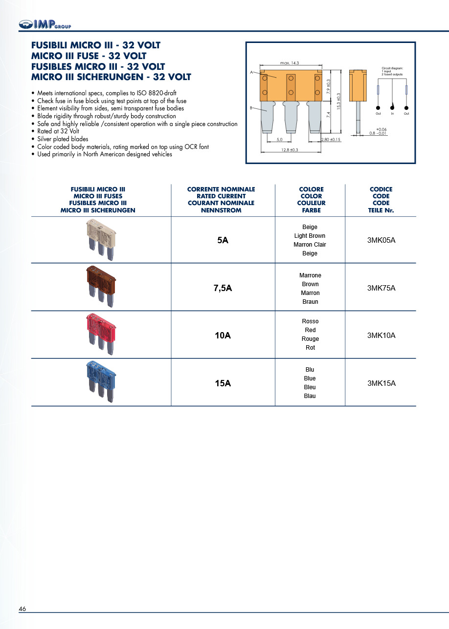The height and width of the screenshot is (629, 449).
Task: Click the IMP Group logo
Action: coord(45,24)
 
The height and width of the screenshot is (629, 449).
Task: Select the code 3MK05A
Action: coord(381,240)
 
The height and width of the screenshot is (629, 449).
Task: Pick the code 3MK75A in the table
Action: coord(381,288)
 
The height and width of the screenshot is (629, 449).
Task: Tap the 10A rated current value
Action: coord(223,335)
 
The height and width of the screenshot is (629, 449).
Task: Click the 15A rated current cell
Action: coord(223,383)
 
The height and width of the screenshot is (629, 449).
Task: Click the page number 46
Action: coord(22,609)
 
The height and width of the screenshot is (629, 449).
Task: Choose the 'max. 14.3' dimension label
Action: coord(290,63)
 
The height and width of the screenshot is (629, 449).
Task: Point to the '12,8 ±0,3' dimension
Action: coord(290,150)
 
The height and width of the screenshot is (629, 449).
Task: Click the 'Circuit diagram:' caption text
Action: coord(392,68)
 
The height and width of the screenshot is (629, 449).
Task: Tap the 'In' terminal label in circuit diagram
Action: coord(392,114)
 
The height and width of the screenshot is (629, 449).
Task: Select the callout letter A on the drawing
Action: coord(251,72)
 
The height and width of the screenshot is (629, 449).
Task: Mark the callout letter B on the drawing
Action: coord(251,108)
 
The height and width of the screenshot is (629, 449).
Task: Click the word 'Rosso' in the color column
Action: coord(310,321)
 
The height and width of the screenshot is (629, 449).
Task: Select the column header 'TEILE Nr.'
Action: coord(381,210)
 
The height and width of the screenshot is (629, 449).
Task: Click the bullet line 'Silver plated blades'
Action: coord(63,139)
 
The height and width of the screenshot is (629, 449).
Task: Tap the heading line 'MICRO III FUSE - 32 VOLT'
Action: coord(89,56)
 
